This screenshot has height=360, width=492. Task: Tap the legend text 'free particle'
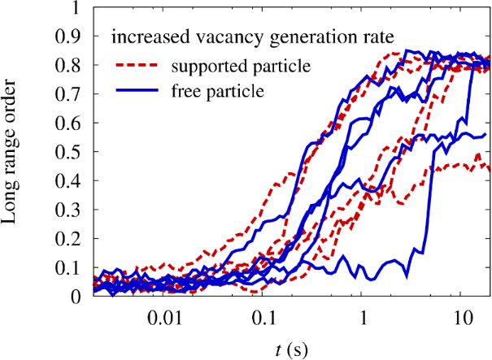pyautogui.click(x=213, y=91)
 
